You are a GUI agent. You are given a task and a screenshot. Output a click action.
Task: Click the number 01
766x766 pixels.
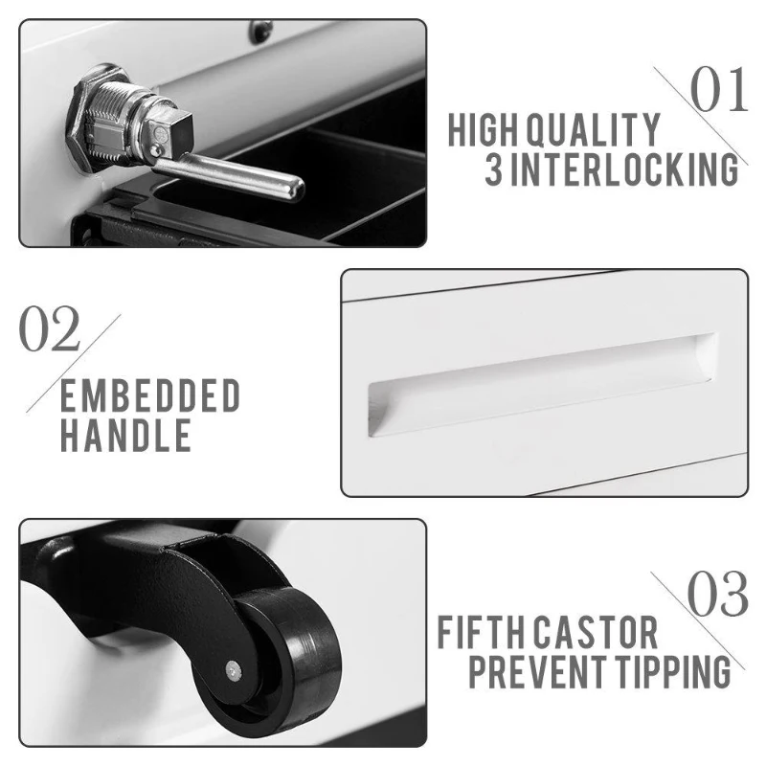point(719,90)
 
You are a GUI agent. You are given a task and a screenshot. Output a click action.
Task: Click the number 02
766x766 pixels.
point(50,328)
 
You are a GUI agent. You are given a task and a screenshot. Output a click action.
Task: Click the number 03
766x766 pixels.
point(717,594)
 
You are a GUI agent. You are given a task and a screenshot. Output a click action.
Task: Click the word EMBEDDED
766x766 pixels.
point(150,395)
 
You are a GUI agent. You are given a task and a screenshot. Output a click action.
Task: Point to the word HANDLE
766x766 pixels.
point(125,435)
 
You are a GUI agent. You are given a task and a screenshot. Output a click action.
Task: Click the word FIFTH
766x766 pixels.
point(483,633)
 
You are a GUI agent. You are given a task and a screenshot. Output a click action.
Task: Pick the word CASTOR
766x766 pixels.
point(595,633)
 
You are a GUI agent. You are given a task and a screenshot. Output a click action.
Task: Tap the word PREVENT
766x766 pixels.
point(537,672)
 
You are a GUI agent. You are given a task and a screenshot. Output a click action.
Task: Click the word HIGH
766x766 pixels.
point(483,130)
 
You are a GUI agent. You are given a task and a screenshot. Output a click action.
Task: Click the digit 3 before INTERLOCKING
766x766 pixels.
point(494,169)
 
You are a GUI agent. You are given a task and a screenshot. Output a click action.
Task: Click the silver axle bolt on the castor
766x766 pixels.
point(235,670)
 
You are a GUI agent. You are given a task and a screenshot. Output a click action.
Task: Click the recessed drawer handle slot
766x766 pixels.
point(542,385)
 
